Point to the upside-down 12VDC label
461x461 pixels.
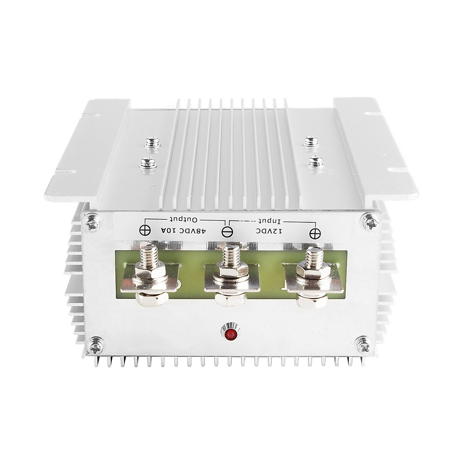tap(269, 231)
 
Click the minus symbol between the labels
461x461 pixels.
tap(226, 232)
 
